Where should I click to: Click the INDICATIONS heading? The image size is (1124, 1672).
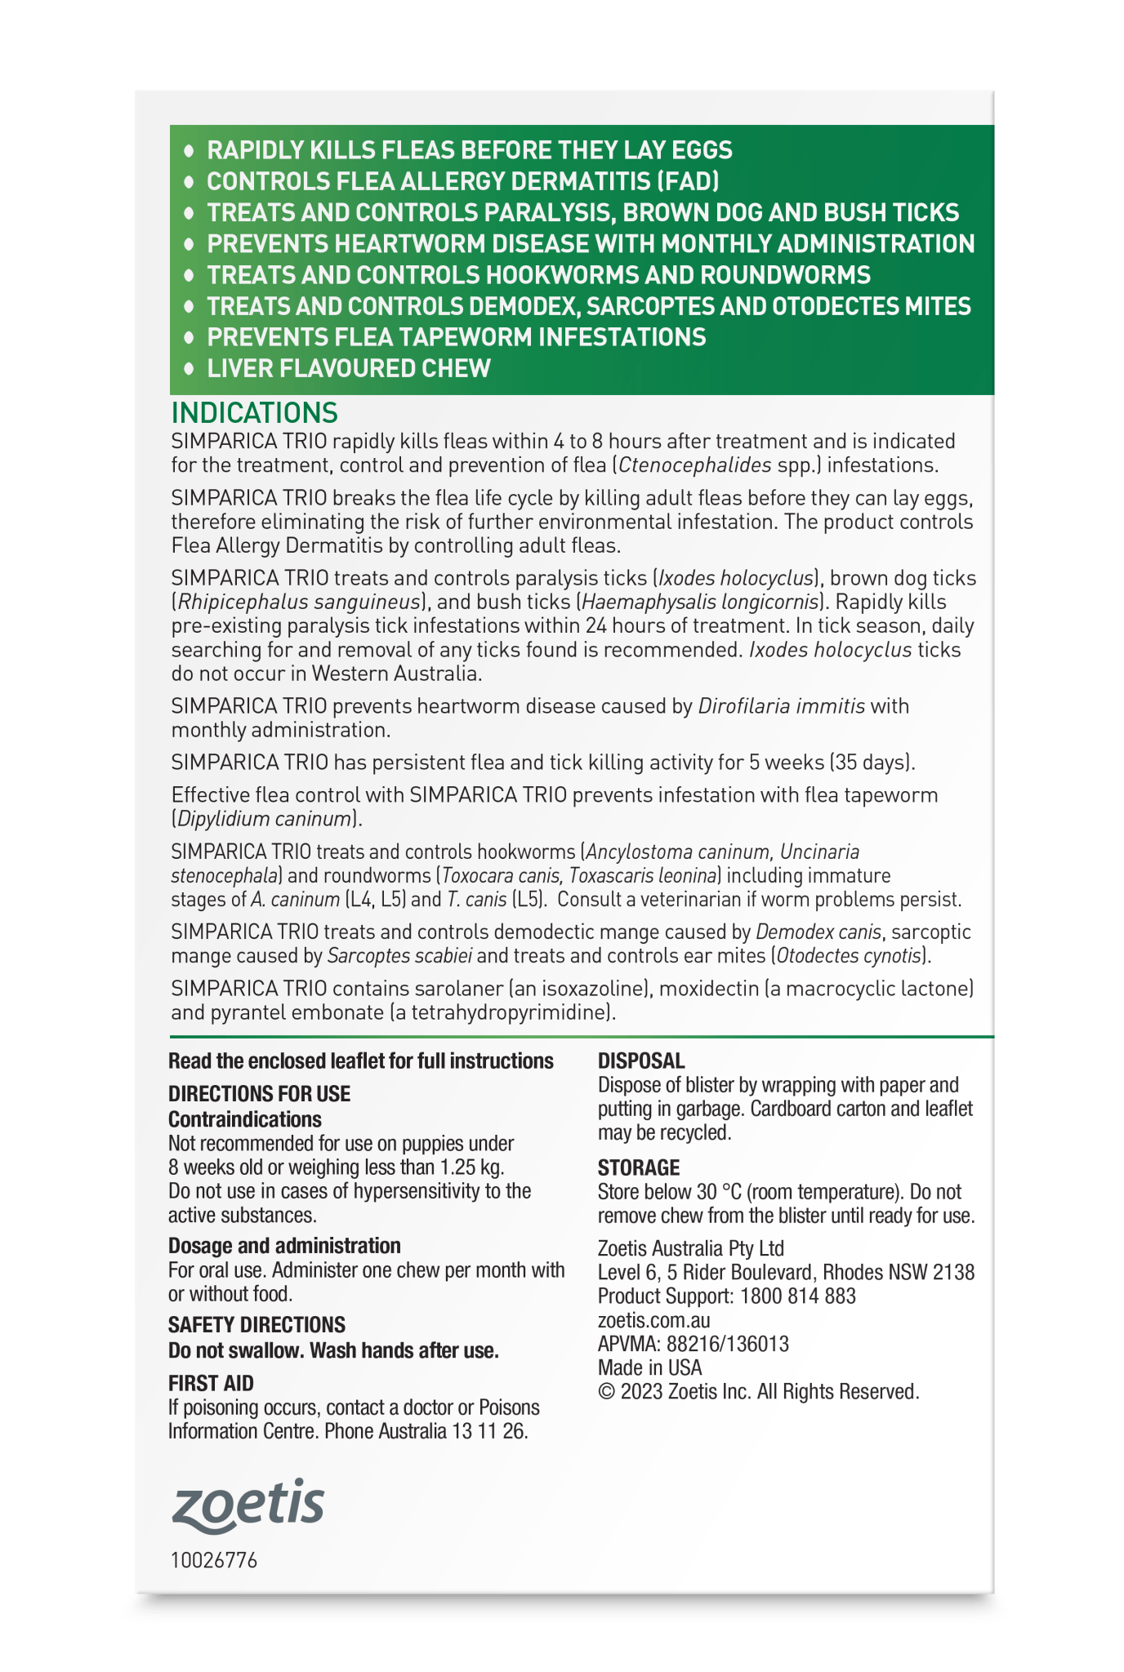pos(254,411)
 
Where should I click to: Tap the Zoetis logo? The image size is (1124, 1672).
pos(248,1505)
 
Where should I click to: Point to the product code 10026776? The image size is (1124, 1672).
pos(214,1561)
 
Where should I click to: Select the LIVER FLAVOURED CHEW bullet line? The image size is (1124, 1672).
pos(349,368)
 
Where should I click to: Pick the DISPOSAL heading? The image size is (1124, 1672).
pos(641,1061)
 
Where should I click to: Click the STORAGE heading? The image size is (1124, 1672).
pos(639,1167)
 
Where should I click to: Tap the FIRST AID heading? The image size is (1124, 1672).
pos(211,1383)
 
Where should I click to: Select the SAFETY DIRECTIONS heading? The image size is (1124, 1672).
pos(256,1324)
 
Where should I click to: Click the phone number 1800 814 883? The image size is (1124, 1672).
pos(798,1296)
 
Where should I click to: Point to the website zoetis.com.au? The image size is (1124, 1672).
pos(653,1320)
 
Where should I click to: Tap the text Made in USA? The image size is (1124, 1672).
pos(649,1367)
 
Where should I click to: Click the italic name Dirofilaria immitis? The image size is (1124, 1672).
pos(781,706)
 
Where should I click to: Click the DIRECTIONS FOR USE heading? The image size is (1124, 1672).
pos(259,1094)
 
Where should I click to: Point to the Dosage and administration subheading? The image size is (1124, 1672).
pos(284,1246)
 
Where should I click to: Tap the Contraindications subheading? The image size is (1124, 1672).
pos(245,1119)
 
